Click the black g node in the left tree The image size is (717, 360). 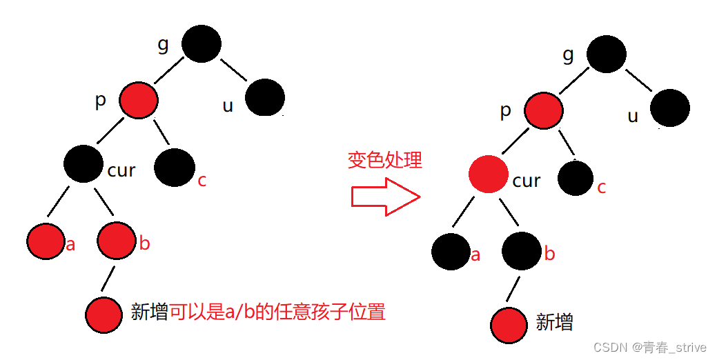coord(202,44)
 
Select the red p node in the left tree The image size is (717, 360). coord(138,101)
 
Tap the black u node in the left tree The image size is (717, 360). coord(264,97)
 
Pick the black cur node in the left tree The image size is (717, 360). coord(84,163)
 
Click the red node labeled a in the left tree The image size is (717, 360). coord(46,241)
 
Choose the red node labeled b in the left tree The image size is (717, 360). coord(116,241)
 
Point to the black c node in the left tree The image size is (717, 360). coord(175,168)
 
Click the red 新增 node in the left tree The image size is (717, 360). coord(105,314)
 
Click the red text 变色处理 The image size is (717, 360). coord(384,161)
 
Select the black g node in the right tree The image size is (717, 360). coord(607,52)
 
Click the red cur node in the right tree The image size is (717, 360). coord(488,174)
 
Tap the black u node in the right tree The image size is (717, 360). coord(669,108)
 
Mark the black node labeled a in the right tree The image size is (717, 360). coord(451,251)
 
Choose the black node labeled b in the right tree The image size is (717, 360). coord(522,251)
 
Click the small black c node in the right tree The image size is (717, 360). coord(576,177)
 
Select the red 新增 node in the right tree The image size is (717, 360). coord(511,325)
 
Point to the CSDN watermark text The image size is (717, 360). coord(650,348)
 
